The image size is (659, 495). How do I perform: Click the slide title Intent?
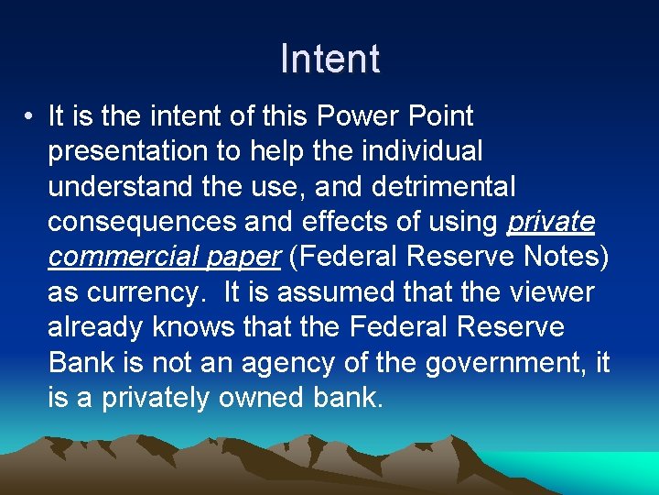tap(329, 59)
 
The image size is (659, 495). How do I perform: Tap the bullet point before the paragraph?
tap(30, 117)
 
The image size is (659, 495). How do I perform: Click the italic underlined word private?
tap(551, 222)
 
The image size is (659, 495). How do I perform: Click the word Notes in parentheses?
tap(564, 257)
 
